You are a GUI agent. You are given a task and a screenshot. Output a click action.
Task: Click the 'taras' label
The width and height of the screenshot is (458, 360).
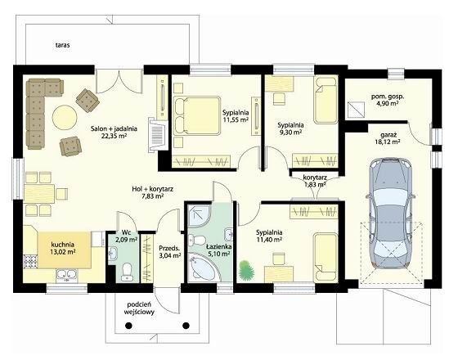click(x=62, y=45)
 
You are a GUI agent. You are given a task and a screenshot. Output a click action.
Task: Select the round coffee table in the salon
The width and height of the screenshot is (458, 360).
click(x=65, y=117)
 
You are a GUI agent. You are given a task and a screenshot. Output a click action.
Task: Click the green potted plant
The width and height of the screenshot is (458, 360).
click(x=246, y=270)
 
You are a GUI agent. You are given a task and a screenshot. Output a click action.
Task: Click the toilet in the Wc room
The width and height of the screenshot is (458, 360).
click(x=127, y=272)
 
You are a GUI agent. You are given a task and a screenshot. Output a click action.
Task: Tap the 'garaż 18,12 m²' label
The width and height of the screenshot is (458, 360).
click(x=388, y=138)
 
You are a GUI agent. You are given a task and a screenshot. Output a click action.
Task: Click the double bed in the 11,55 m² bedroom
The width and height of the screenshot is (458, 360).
click(x=196, y=116)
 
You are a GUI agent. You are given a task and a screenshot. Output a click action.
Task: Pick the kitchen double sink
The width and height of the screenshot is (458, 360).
click(x=67, y=276)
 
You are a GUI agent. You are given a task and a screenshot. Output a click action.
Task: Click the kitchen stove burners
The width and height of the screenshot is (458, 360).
click(x=31, y=261)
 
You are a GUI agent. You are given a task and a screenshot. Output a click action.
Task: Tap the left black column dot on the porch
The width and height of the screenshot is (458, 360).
click(x=128, y=326)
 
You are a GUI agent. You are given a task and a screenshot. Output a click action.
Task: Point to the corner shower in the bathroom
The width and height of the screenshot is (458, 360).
click(x=198, y=216)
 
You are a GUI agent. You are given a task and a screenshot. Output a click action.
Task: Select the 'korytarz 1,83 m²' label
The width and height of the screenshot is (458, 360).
click(x=315, y=181)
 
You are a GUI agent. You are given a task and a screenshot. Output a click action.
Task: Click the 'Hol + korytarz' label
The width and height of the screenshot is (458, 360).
click(x=152, y=189)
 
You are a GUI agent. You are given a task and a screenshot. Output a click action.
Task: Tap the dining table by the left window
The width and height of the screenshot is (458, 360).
click(x=39, y=194)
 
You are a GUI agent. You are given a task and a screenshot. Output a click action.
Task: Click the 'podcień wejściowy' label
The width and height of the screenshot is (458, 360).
click(x=139, y=308)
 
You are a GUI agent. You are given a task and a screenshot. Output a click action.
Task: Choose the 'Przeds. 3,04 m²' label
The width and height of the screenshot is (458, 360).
click(x=170, y=252)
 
